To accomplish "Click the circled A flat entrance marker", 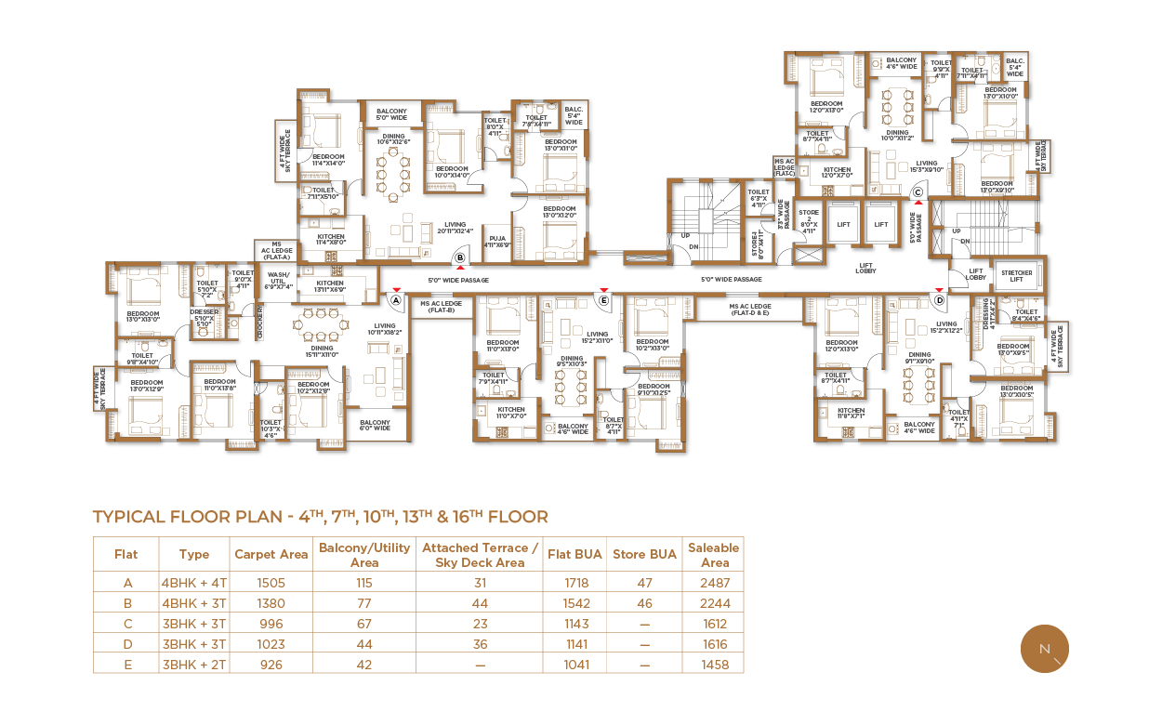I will (395, 301).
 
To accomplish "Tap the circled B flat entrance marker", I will (459, 258).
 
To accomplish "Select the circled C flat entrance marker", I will (917, 193).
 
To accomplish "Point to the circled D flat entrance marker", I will (939, 301).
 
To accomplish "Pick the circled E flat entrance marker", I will (603, 301).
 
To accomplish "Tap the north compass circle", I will (1044, 648).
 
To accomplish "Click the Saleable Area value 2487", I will (714, 583).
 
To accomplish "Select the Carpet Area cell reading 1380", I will (271, 603).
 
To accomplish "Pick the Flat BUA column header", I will (574, 554).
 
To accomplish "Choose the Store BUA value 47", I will (644, 583).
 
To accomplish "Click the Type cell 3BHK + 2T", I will (193, 665).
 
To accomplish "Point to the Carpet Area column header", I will (271, 554).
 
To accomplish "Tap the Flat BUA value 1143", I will (574, 624).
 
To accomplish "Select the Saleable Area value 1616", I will (714, 644).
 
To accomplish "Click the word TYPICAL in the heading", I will (129, 518).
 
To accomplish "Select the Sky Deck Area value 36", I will (480, 644).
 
